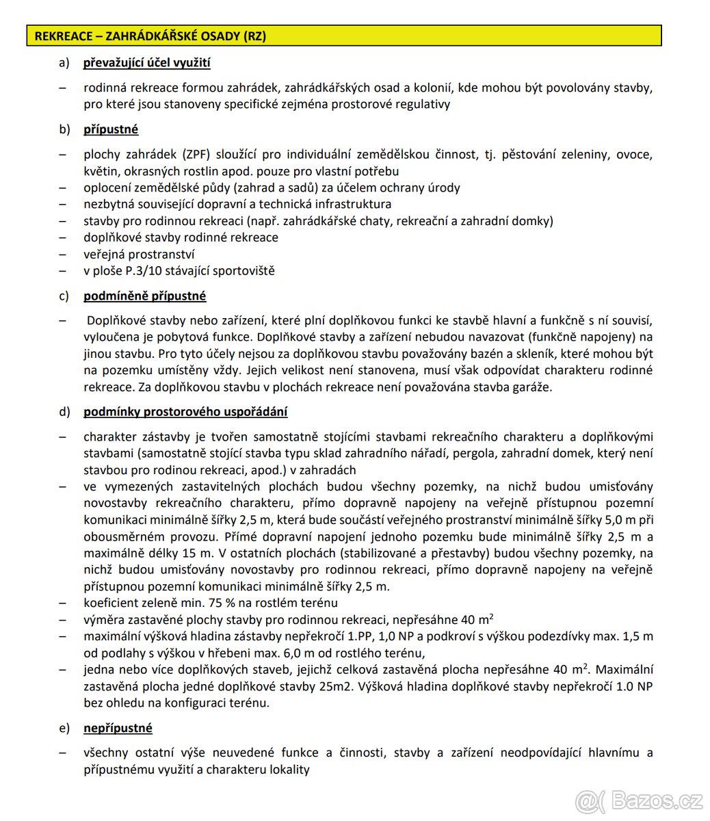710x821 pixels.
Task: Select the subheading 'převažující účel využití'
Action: pos(146,64)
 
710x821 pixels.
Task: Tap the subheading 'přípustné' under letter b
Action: pos(111,129)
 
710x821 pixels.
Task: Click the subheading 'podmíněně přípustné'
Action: pos(144,296)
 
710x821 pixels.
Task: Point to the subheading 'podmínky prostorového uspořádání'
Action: pos(185,412)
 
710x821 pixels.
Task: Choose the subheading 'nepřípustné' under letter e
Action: pos(118,728)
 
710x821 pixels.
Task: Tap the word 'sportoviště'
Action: pos(244,270)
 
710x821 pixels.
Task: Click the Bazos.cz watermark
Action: pos(641,798)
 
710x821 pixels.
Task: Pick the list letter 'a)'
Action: pos(65,64)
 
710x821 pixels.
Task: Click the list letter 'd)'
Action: pos(65,412)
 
